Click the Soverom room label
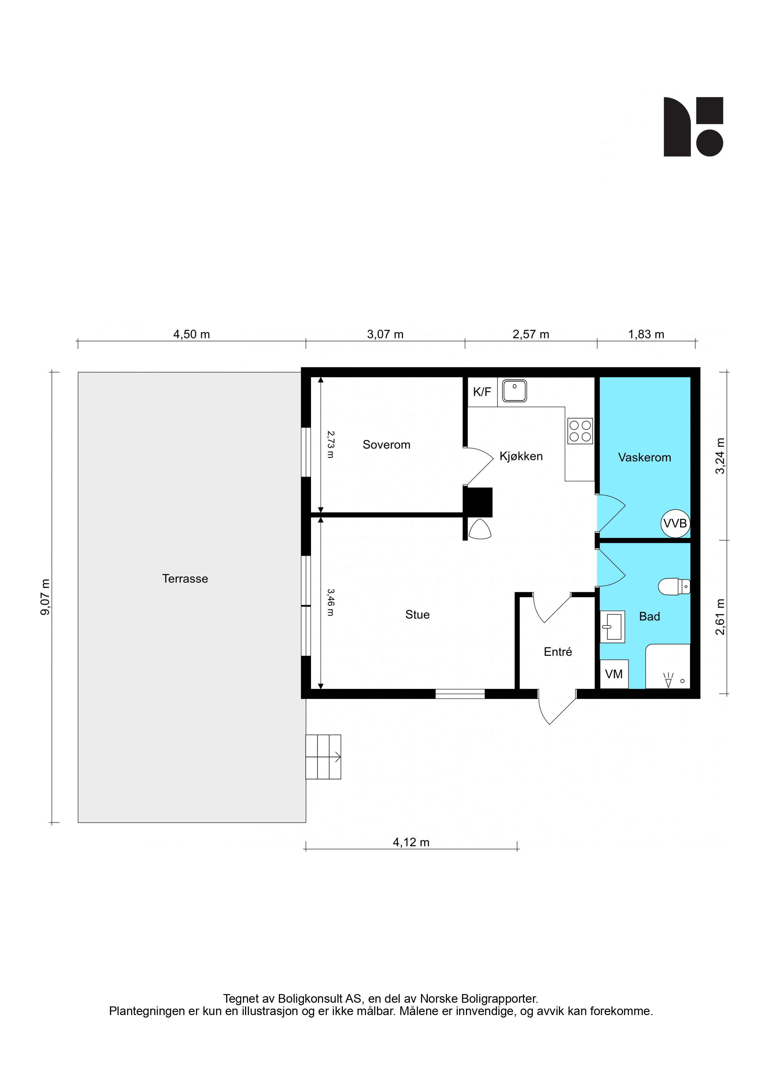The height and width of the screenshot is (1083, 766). [x=386, y=445]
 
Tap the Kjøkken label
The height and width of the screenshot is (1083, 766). [x=521, y=456]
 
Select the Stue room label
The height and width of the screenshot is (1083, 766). [x=417, y=615]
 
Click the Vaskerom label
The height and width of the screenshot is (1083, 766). [x=644, y=457]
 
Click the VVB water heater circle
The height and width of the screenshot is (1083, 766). [x=675, y=524]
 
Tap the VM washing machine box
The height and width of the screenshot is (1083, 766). [x=614, y=674]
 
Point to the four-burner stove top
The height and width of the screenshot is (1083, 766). [x=580, y=431]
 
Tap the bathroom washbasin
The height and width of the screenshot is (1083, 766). [x=612, y=627]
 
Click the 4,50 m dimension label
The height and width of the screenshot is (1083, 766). [x=192, y=334]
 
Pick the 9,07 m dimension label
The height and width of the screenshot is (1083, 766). [x=45, y=597]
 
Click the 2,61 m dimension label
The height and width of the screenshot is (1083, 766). [x=720, y=617]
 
